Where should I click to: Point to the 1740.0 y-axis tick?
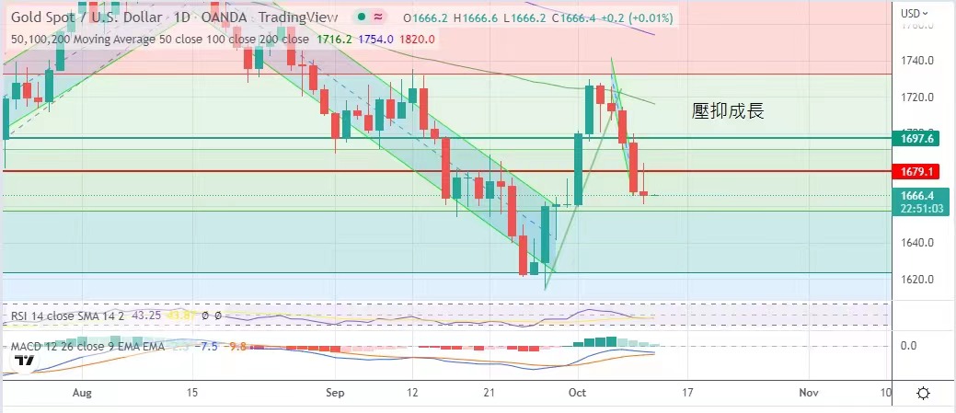coord(918,61)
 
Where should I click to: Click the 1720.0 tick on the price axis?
coord(918,97)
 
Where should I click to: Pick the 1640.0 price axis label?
coord(918,243)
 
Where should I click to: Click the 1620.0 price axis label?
coord(918,279)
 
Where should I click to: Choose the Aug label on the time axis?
coord(82,393)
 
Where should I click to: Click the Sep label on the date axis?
coord(334,393)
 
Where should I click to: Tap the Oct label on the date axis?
coord(578,393)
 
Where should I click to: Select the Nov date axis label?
coord(808,393)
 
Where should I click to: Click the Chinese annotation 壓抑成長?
coord(728,111)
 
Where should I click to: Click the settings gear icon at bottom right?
coord(923,393)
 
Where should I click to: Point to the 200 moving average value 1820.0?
coord(417,39)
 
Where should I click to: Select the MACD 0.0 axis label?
coord(907,345)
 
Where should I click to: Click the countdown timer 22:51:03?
coord(921,209)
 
